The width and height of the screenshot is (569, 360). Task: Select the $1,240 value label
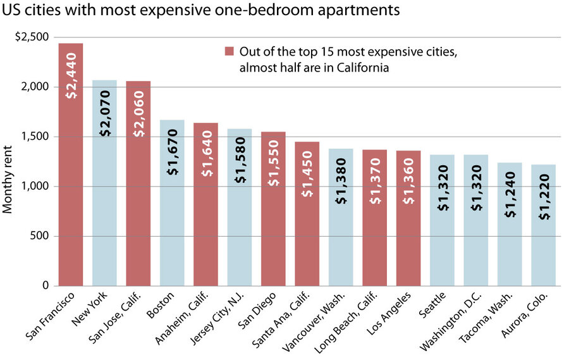click(510, 199)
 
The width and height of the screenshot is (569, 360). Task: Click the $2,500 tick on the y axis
click(31, 37)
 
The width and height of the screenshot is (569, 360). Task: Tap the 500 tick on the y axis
click(40, 236)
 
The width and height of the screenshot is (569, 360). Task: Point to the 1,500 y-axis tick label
click(35, 137)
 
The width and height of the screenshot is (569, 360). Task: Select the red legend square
click(228, 52)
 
